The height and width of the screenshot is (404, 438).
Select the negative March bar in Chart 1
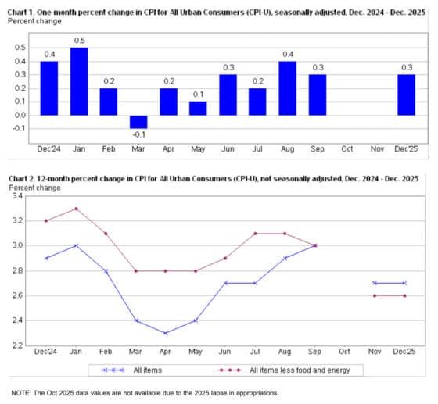[138, 122]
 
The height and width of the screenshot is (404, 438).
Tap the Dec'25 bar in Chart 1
[405, 95]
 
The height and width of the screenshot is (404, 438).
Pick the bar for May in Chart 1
[198, 109]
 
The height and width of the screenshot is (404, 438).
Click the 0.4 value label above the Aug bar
[288, 54]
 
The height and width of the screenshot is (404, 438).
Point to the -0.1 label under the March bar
[138, 134]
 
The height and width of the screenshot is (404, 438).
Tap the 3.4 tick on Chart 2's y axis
[18, 195]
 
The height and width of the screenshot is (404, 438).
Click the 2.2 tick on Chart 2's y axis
[18, 345]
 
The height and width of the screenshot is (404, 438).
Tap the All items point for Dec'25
[405, 283]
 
